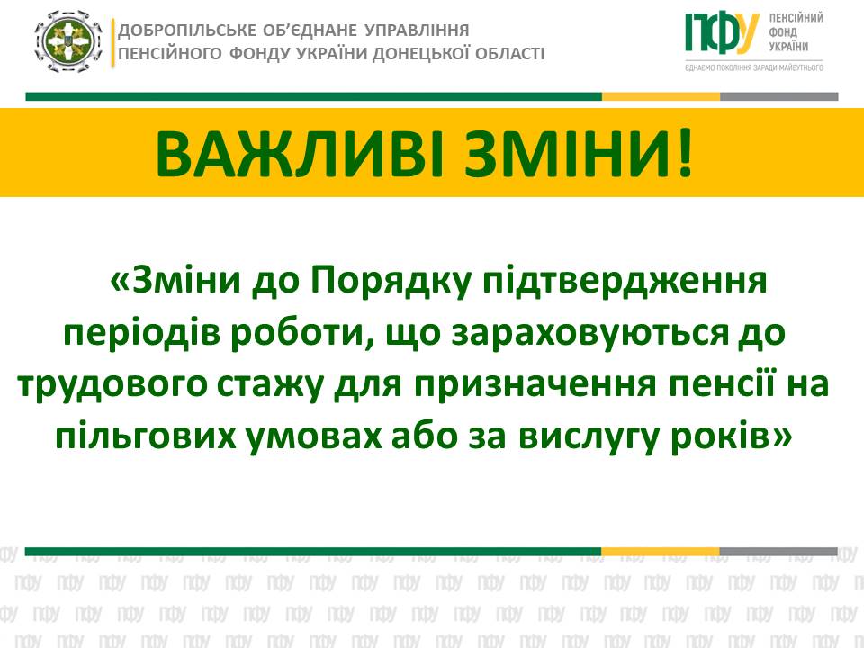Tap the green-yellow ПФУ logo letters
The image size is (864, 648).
(722, 33)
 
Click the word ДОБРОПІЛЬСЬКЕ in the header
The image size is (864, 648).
(187, 30)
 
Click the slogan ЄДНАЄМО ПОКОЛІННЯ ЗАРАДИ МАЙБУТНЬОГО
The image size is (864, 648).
(754, 67)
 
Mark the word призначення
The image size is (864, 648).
(535, 385)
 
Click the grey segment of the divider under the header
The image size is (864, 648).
(779, 97)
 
